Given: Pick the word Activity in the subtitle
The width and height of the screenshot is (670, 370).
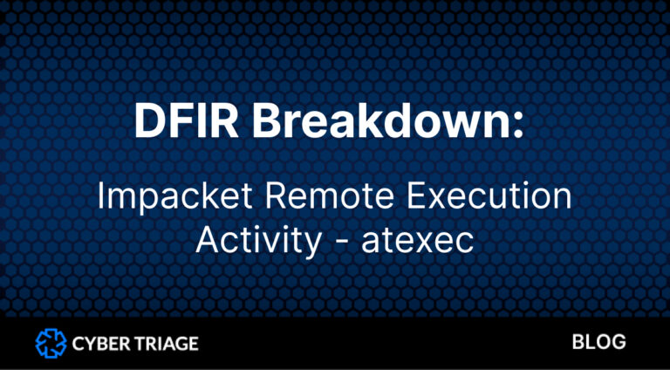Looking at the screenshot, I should click(257, 239).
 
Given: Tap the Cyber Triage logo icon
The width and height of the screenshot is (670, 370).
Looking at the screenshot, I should click(51, 343).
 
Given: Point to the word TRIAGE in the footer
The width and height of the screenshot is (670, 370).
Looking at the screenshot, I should click(166, 343).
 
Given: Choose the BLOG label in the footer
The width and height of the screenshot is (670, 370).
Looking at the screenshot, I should click(598, 342).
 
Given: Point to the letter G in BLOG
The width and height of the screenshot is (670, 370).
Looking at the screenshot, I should click(619, 342).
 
